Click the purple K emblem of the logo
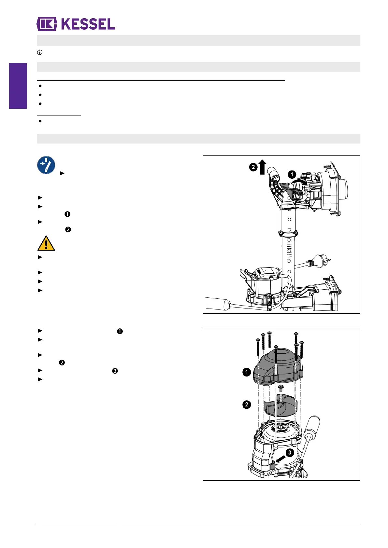pyautogui.click(x=47, y=24)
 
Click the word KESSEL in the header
pyautogui.click(x=88, y=24)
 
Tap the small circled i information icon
pyautogui.click(x=40, y=52)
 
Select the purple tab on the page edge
pyautogui.click(x=18, y=86)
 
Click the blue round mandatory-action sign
pyautogui.click(x=46, y=165)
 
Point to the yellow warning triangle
pyautogui.click(x=46, y=244)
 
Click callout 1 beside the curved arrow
pyautogui.click(x=292, y=175)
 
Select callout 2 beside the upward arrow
pyautogui.click(x=253, y=168)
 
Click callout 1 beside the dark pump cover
pyautogui.click(x=247, y=372)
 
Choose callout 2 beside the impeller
pyautogui.click(x=247, y=404)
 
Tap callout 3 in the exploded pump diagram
pyautogui.click(x=290, y=453)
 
